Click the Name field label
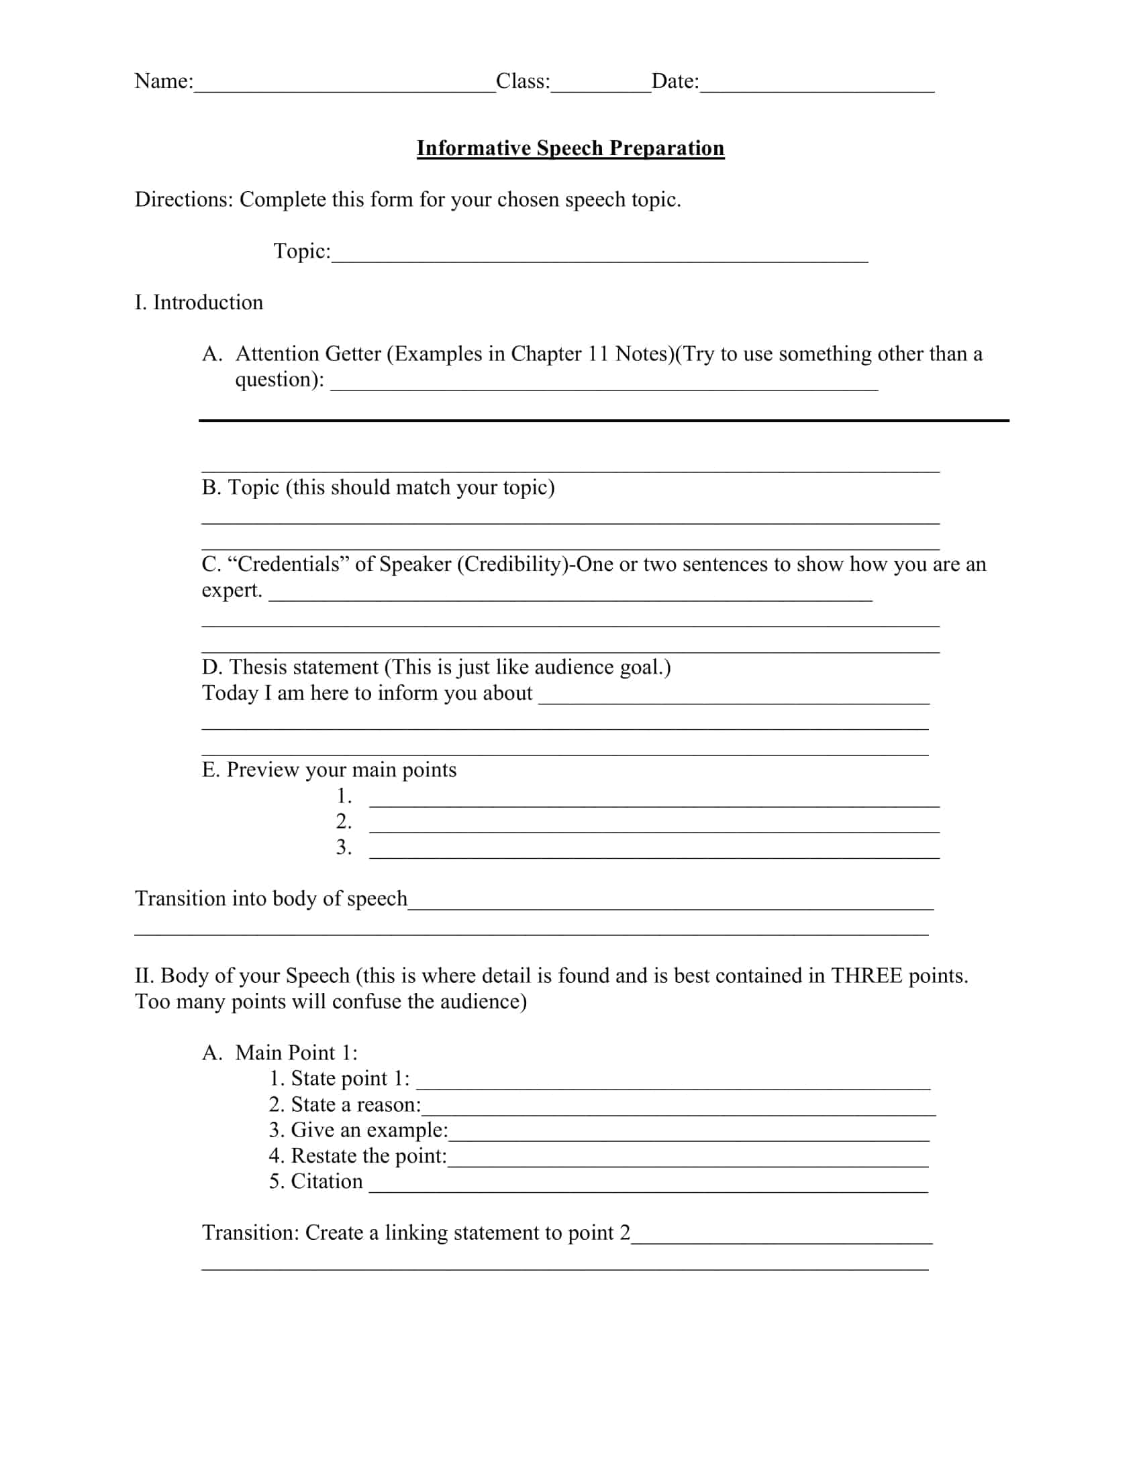click(x=164, y=81)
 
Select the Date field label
click(x=675, y=81)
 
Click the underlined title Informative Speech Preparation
click(x=570, y=148)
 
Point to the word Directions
click(x=183, y=199)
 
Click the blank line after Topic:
click(x=599, y=257)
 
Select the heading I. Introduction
click(x=199, y=302)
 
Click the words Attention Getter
click(x=308, y=354)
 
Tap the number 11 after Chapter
click(x=597, y=354)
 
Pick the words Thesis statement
click(x=303, y=667)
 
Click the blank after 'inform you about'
click(x=734, y=700)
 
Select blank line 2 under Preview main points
click(x=654, y=828)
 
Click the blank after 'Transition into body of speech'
click(x=671, y=906)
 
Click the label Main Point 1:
click(x=296, y=1052)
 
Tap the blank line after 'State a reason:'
click(x=678, y=1110)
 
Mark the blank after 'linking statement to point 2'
click(x=781, y=1239)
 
